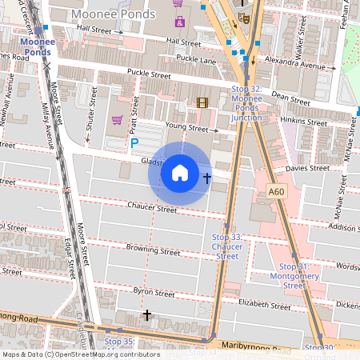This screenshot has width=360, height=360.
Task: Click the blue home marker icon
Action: pyautogui.click(x=180, y=173)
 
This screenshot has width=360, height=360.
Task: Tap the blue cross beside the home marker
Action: pyautogui.click(x=207, y=178)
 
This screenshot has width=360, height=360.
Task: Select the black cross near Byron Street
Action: pyautogui.click(x=146, y=316)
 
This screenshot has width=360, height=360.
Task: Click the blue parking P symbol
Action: pyautogui.click(x=134, y=143)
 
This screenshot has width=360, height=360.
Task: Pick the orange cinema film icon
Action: pyautogui.click(x=202, y=102)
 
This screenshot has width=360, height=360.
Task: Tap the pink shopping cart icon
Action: pyautogui.click(x=117, y=121)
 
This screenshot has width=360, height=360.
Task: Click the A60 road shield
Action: pyautogui.click(x=277, y=192)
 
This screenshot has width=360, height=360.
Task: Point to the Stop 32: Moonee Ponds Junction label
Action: pyautogui.click(x=246, y=103)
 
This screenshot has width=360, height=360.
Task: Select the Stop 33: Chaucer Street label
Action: pyautogui.click(x=227, y=246)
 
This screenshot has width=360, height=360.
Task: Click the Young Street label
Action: pyautogui.click(x=186, y=127)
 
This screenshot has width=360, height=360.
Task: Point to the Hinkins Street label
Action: pyautogui.click(x=305, y=120)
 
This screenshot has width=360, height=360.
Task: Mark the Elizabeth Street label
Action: pyautogui.click(x=264, y=305)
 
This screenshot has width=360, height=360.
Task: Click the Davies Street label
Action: pyautogui.click(x=307, y=169)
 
